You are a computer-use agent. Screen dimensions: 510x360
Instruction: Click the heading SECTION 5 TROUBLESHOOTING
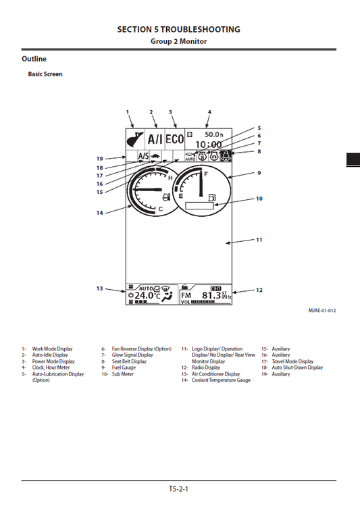pyautogui.click(x=178, y=29)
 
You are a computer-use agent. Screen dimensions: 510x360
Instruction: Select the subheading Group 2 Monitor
pyautogui.click(x=178, y=41)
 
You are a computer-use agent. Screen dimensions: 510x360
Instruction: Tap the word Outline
pyautogui.click(x=34, y=59)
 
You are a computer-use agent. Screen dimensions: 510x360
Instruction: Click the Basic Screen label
pyautogui.click(x=45, y=74)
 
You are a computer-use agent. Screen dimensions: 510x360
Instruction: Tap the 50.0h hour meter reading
pyautogui.click(x=217, y=134)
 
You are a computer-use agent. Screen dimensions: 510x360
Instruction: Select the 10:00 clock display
pyautogui.click(x=208, y=145)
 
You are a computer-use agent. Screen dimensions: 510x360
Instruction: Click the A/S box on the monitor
pyautogui.click(x=143, y=155)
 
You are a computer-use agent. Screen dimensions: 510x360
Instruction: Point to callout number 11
pyautogui.click(x=259, y=240)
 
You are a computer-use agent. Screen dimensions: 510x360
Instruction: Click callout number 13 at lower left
pyautogui.click(x=99, y=288)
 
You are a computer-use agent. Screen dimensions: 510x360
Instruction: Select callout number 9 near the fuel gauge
pyautogui.click(x=259, y=173)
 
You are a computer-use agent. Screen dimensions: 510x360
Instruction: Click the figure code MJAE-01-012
pyautogui.click(x=322, y=311)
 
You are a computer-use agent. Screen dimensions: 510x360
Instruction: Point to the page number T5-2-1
pyautogui.click(x=178, y=488)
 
